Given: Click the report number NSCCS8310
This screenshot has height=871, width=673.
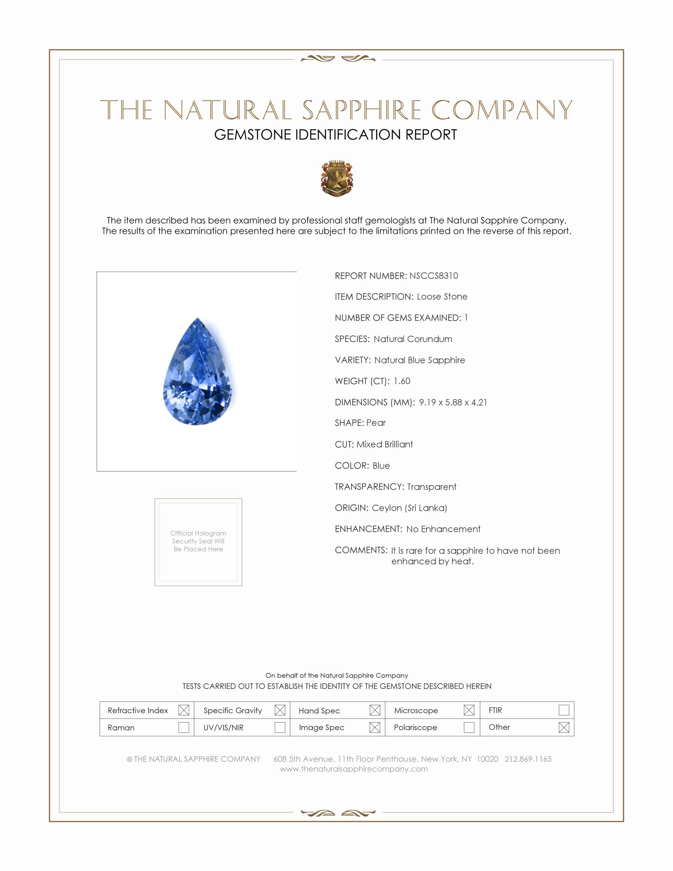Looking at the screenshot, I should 433,276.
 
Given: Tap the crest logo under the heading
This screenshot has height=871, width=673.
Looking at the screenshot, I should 337,178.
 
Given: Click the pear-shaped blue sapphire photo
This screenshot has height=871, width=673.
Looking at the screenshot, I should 198,372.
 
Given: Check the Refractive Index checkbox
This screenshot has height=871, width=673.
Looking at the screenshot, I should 183,710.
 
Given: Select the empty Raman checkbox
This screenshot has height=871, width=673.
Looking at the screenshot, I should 183,727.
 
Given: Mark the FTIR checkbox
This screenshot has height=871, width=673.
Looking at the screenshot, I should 564,710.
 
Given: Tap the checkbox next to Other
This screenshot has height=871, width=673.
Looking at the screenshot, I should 564,727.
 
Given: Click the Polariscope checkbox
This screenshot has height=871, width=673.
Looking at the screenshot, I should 469,727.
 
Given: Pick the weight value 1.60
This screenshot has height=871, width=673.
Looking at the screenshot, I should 401,381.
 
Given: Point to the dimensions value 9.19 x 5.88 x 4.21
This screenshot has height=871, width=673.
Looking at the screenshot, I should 453,402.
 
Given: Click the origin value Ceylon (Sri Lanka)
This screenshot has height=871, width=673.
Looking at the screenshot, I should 409,508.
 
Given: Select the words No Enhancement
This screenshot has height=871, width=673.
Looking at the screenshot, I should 443,529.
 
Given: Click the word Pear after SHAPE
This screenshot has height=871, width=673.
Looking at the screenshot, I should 376,423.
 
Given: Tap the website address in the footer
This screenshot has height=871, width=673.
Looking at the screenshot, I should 354,769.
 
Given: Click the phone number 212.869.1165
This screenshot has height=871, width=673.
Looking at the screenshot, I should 528,759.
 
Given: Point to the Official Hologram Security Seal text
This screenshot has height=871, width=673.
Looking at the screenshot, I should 198,541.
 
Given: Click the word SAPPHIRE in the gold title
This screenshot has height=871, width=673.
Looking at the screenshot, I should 361,110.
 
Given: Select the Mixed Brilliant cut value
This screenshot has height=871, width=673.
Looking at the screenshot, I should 385,444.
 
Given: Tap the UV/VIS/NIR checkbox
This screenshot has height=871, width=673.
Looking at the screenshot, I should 280,727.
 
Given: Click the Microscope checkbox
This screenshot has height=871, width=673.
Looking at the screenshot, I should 469,710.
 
